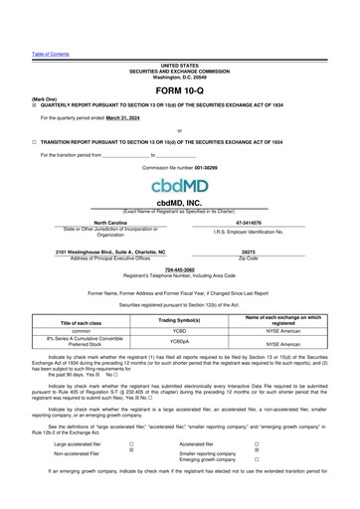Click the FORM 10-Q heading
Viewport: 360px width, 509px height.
[180, 90]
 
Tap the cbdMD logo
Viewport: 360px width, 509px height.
[180, 187]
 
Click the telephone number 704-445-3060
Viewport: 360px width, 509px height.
[180, 268]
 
